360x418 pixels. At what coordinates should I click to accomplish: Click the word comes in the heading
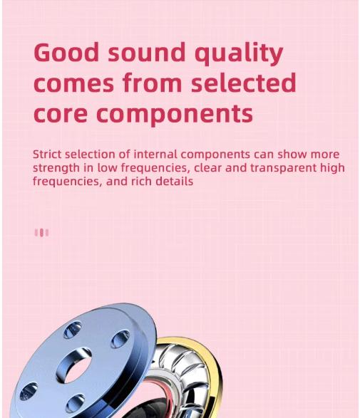tap(73, 84)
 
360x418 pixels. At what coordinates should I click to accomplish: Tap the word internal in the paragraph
tap(155, 155)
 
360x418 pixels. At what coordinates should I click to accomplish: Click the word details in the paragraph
tap(174, 182)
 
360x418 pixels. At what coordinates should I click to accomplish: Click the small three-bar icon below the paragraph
tap(41, 233)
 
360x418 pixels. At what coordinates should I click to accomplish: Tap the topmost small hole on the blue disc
tap(73, 329)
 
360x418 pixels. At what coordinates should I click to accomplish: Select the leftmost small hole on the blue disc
tap(29, 390)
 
